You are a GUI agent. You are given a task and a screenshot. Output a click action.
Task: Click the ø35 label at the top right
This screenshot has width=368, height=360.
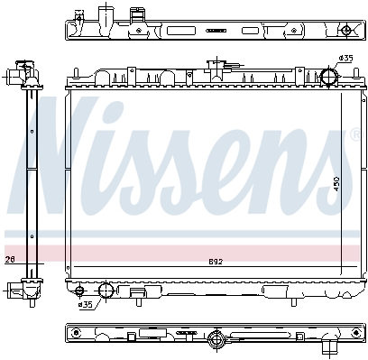(345, 58)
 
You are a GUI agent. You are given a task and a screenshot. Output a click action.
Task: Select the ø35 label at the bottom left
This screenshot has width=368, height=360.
(85, 305)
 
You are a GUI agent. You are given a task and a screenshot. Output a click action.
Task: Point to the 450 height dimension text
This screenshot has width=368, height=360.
(336, 183)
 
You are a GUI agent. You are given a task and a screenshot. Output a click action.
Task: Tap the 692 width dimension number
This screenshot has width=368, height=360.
(216, 262)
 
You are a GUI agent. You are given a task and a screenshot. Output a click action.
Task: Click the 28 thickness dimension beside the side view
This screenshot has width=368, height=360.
(10, 259)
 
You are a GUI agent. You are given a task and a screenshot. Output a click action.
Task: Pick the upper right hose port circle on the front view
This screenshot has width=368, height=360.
(328, 76)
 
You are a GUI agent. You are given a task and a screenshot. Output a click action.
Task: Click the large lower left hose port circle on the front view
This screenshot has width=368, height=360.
(106, 290)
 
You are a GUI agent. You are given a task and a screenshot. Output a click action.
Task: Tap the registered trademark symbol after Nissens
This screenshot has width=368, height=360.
(354, 134)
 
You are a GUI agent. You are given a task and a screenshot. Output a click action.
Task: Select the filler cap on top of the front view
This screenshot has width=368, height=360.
(216, 67)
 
